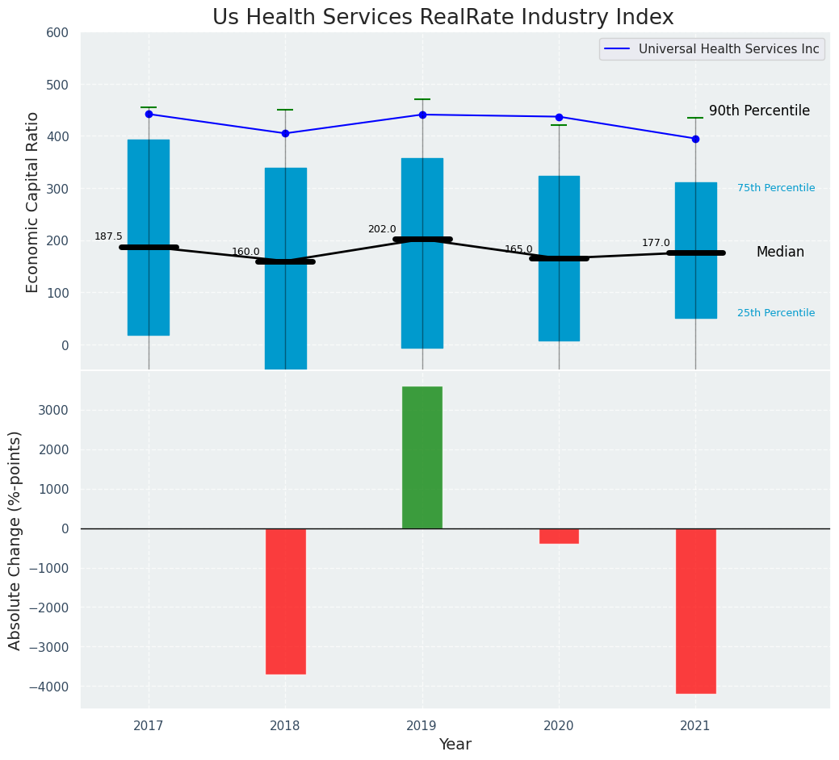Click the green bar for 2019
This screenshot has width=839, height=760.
point(422,457)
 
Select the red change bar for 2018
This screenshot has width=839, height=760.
point(285,601)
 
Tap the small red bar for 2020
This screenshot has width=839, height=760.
point(559,536)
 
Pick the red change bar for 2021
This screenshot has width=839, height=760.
point(695,611)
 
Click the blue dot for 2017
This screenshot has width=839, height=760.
point(149,115)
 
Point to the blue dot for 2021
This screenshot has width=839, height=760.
point(695,139)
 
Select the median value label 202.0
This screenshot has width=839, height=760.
point(382,229)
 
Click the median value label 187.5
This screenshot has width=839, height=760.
point(108,236)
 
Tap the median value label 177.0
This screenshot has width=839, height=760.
point(656,243)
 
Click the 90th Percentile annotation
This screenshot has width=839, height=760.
point(759,111)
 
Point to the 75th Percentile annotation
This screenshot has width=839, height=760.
point(775,188)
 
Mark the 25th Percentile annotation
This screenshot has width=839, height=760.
point(775,313)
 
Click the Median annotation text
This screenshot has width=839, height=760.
point(780,253)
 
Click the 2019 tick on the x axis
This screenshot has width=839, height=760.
point(422,726)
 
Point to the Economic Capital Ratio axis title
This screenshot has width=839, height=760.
point(33,202)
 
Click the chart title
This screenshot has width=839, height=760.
point(443,18)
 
